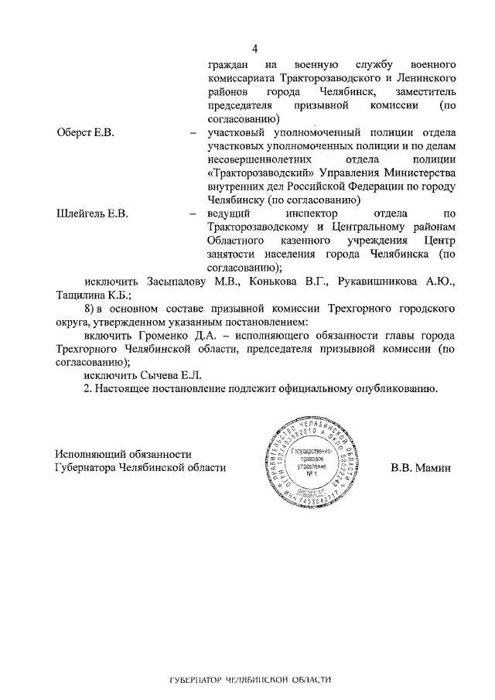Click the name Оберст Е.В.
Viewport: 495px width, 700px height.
click(x=85, y=134)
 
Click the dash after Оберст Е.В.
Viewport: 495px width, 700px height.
click(x=192, y=134)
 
